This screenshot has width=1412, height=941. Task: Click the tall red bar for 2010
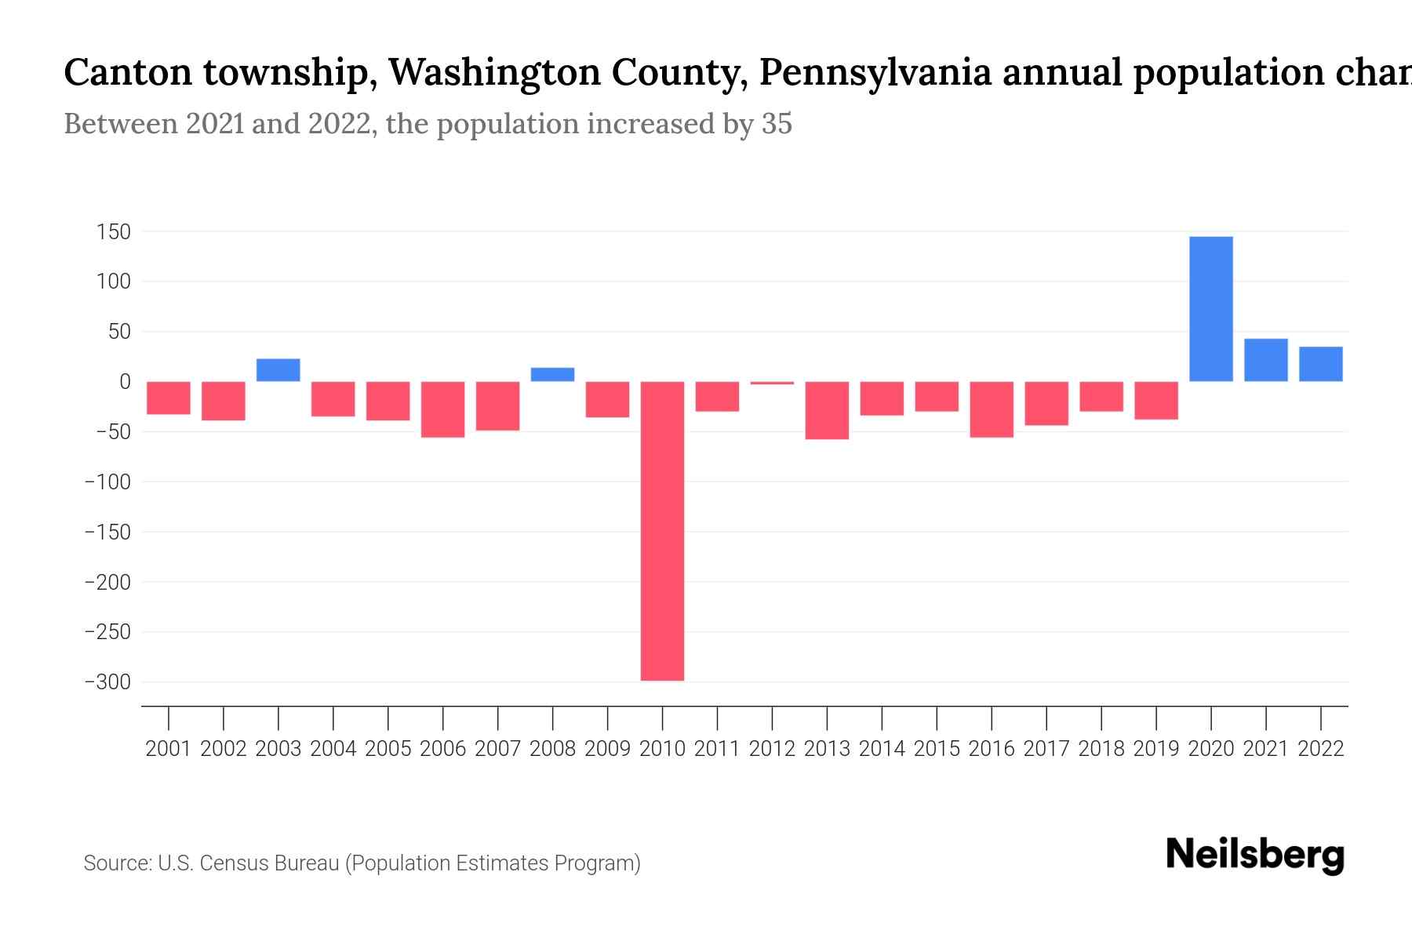pyautogui.click(x=662, y=531)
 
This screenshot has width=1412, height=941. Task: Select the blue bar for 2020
pyautogui.click(x=1210, y=309)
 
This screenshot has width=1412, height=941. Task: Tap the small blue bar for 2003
pyautogui.click(x=278, y=370)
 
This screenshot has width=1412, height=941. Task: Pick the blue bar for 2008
pyautogui.click(x=552, y=375)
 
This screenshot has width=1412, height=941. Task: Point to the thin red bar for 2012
pyautogui.click(x=772, y=383)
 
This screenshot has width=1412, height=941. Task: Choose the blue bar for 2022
pyautogui.click(x=1320, y=364)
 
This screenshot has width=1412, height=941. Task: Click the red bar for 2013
pyautogui.click(x=827, y=410)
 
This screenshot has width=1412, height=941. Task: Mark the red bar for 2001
pyautogui.click(x=169, y=398)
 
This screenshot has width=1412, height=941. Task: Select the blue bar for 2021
pyautogui.click(x=1265, y=360)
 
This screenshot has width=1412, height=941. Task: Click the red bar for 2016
pyautogui.click(x=992, y=409)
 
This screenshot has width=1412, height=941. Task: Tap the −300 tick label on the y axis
pyautogui.click(x=107, y=682)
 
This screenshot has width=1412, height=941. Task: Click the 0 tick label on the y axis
pyautogui.click(x=125, y=382)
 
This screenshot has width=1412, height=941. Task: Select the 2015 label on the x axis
pyautogui.click(x=937, y=749)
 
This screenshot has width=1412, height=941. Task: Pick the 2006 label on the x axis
pyautogui.click(x=443, y=749)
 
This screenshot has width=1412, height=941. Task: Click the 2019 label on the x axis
pyautogui.click(x=1156, y=749)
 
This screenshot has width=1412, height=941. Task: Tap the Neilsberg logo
pyautogui.click(x=1254, y=856)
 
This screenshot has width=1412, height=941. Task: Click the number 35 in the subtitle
pyautogui.click(x=777, y=124)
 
